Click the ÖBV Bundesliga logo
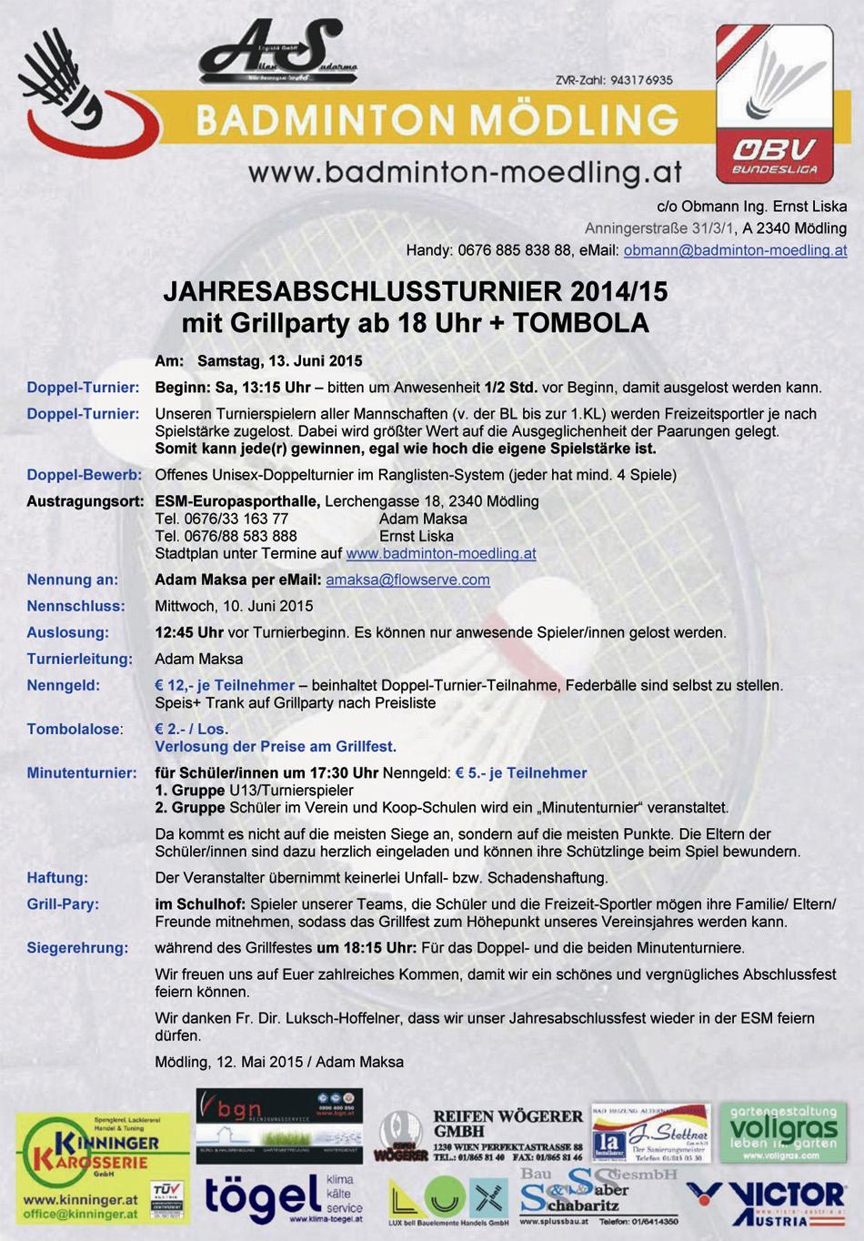[774, 104]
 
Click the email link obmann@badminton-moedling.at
[735, 250]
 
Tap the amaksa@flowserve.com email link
[407, 580]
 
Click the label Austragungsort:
[85, 501]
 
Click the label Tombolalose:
[74, 730]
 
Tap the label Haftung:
[57, 878]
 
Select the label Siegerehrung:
[77, 948]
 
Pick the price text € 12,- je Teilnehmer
[225, 686]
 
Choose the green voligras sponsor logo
[783, 1132]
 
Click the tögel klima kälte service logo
[283, 1198]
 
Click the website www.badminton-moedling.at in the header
[465, 172]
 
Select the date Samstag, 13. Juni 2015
[279, 361]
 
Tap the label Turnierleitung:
[80, 660]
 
